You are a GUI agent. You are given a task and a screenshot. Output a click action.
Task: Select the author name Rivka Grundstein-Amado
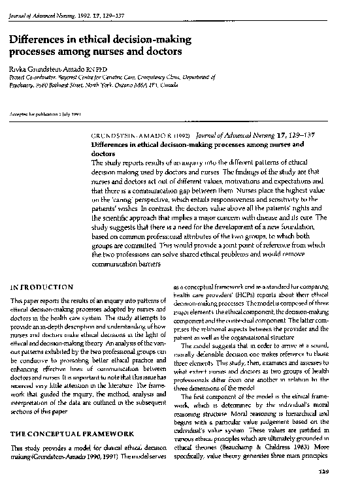pyautogui.click(x=54, y=69)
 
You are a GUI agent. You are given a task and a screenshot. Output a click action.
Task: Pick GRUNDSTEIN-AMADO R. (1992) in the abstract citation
pyautogui.click(x=136, y=136)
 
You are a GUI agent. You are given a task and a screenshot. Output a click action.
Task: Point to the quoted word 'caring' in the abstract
pyautogui.click(x=122, y=197)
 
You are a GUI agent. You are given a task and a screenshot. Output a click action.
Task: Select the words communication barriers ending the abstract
pyautogui.click(x=124, y=264)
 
